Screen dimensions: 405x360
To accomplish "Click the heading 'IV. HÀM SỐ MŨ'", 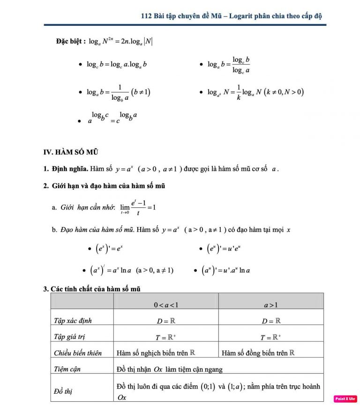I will (70, 152).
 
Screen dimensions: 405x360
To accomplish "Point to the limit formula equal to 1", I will (138, 207).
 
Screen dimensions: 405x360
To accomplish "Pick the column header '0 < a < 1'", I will (166, 305).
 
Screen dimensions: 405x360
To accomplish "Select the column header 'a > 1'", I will (271, 305).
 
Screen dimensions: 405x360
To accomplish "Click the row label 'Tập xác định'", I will (72, 321).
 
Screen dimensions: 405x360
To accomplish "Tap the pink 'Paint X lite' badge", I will (345, 398).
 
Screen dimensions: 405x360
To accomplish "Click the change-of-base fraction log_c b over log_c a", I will (241, 65).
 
